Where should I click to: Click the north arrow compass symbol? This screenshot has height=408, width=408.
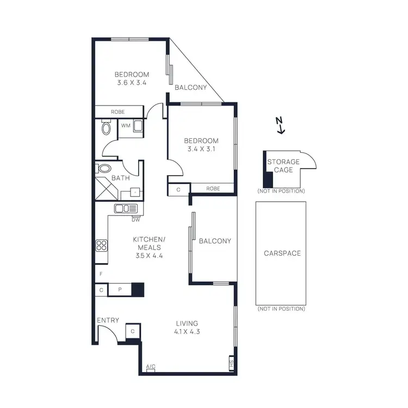coord(280,125)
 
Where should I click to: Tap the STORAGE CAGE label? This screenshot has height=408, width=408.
coord(283,166)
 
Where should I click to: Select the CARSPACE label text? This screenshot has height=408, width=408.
coord(282,254)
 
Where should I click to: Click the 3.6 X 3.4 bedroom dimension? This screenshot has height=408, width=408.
coord(132,83)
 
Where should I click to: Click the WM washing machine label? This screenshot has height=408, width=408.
coord(126,126)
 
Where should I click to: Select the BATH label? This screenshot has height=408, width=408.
coord(120,178)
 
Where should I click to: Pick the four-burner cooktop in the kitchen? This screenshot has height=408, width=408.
coord(101,245)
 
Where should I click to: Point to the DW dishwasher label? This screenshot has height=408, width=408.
coord(135,220)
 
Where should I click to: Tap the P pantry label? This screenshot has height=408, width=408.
coord(120,290)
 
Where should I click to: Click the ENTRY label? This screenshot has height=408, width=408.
coord(108,320)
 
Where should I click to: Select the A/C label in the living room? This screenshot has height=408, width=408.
coord(151,367)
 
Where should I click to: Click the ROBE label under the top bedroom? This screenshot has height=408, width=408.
coord(118,112)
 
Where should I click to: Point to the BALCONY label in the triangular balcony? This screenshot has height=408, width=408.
coord(190,87)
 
